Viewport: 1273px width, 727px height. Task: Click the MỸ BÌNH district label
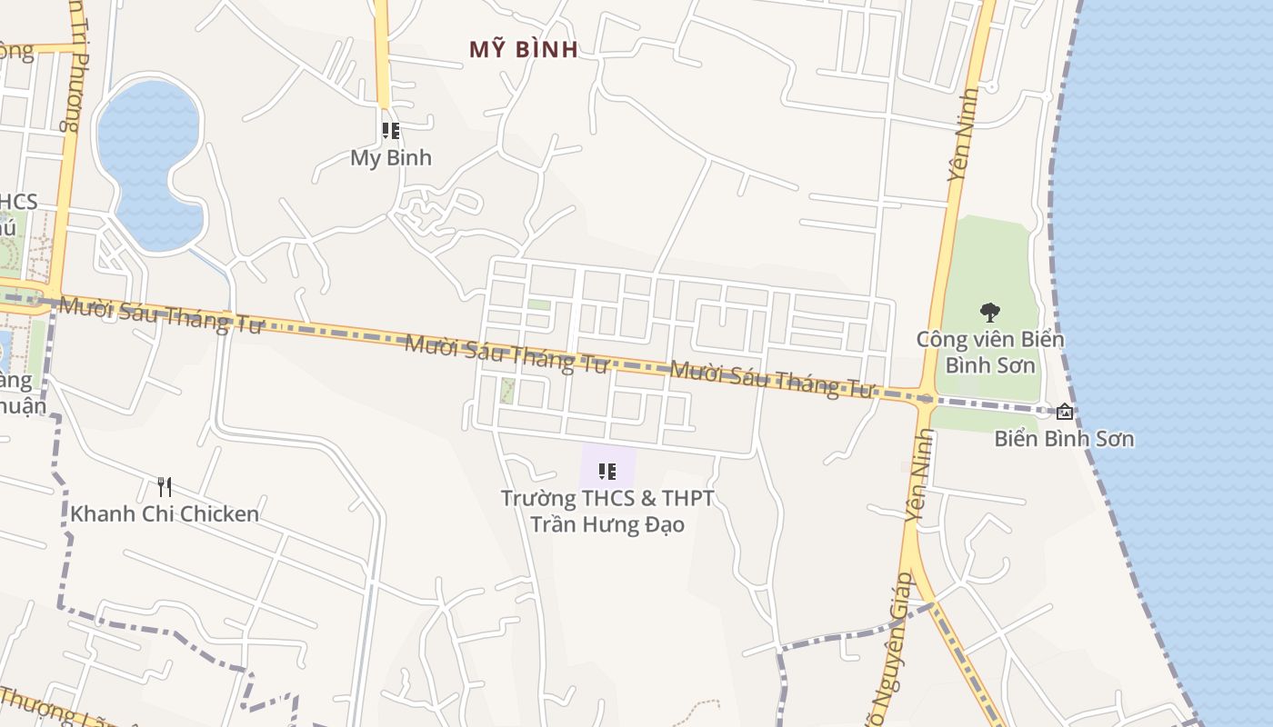[524, 49]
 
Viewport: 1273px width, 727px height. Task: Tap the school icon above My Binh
[391, 131]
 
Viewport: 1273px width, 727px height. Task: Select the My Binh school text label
[391, 157]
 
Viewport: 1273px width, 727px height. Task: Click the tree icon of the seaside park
[990, 313]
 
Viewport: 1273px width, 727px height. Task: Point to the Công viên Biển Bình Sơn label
[990, 352]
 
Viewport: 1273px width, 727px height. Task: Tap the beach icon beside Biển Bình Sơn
[1065, 411]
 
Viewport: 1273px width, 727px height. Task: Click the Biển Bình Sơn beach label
[1064, 439]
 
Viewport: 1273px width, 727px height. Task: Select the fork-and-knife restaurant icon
[164, 487]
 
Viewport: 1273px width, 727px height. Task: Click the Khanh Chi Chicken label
[165, 513]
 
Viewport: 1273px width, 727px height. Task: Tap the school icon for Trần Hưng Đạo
[607, 471]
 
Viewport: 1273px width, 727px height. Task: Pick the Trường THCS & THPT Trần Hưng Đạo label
[607, 511]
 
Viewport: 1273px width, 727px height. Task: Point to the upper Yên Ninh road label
[963, 134]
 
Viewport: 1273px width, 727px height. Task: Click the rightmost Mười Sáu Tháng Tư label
[771, 379]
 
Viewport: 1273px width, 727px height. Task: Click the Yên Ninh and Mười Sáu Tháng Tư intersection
[925, 397]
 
